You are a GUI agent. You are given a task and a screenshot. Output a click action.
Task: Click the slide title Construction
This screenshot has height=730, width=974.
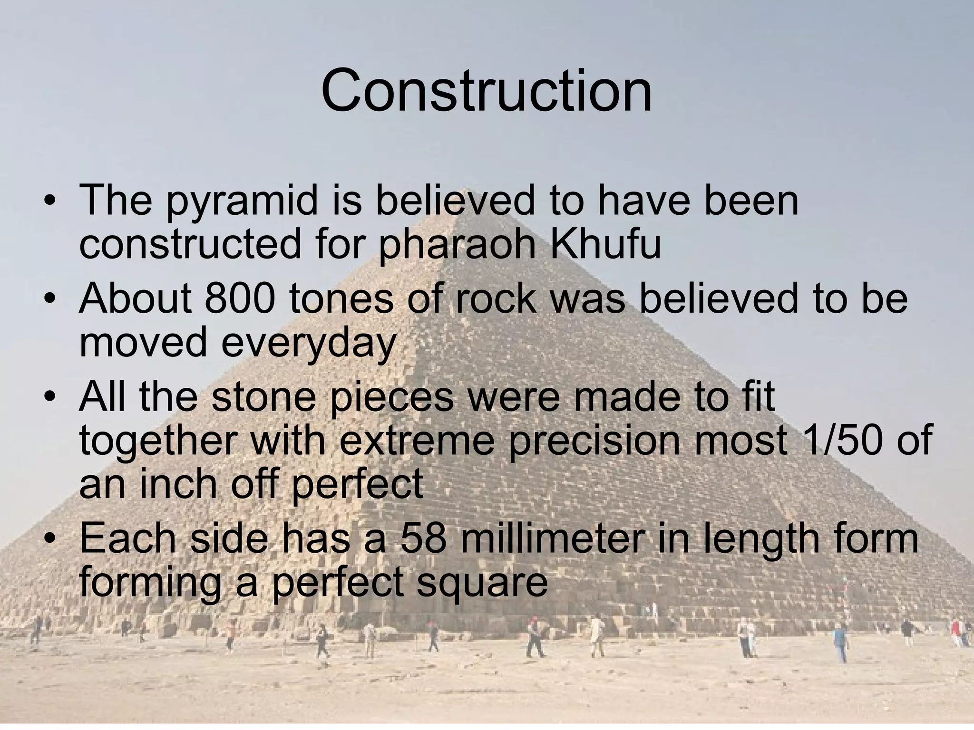(487, 90)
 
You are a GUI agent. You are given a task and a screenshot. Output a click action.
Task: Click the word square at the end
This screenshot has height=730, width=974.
(482, 584)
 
